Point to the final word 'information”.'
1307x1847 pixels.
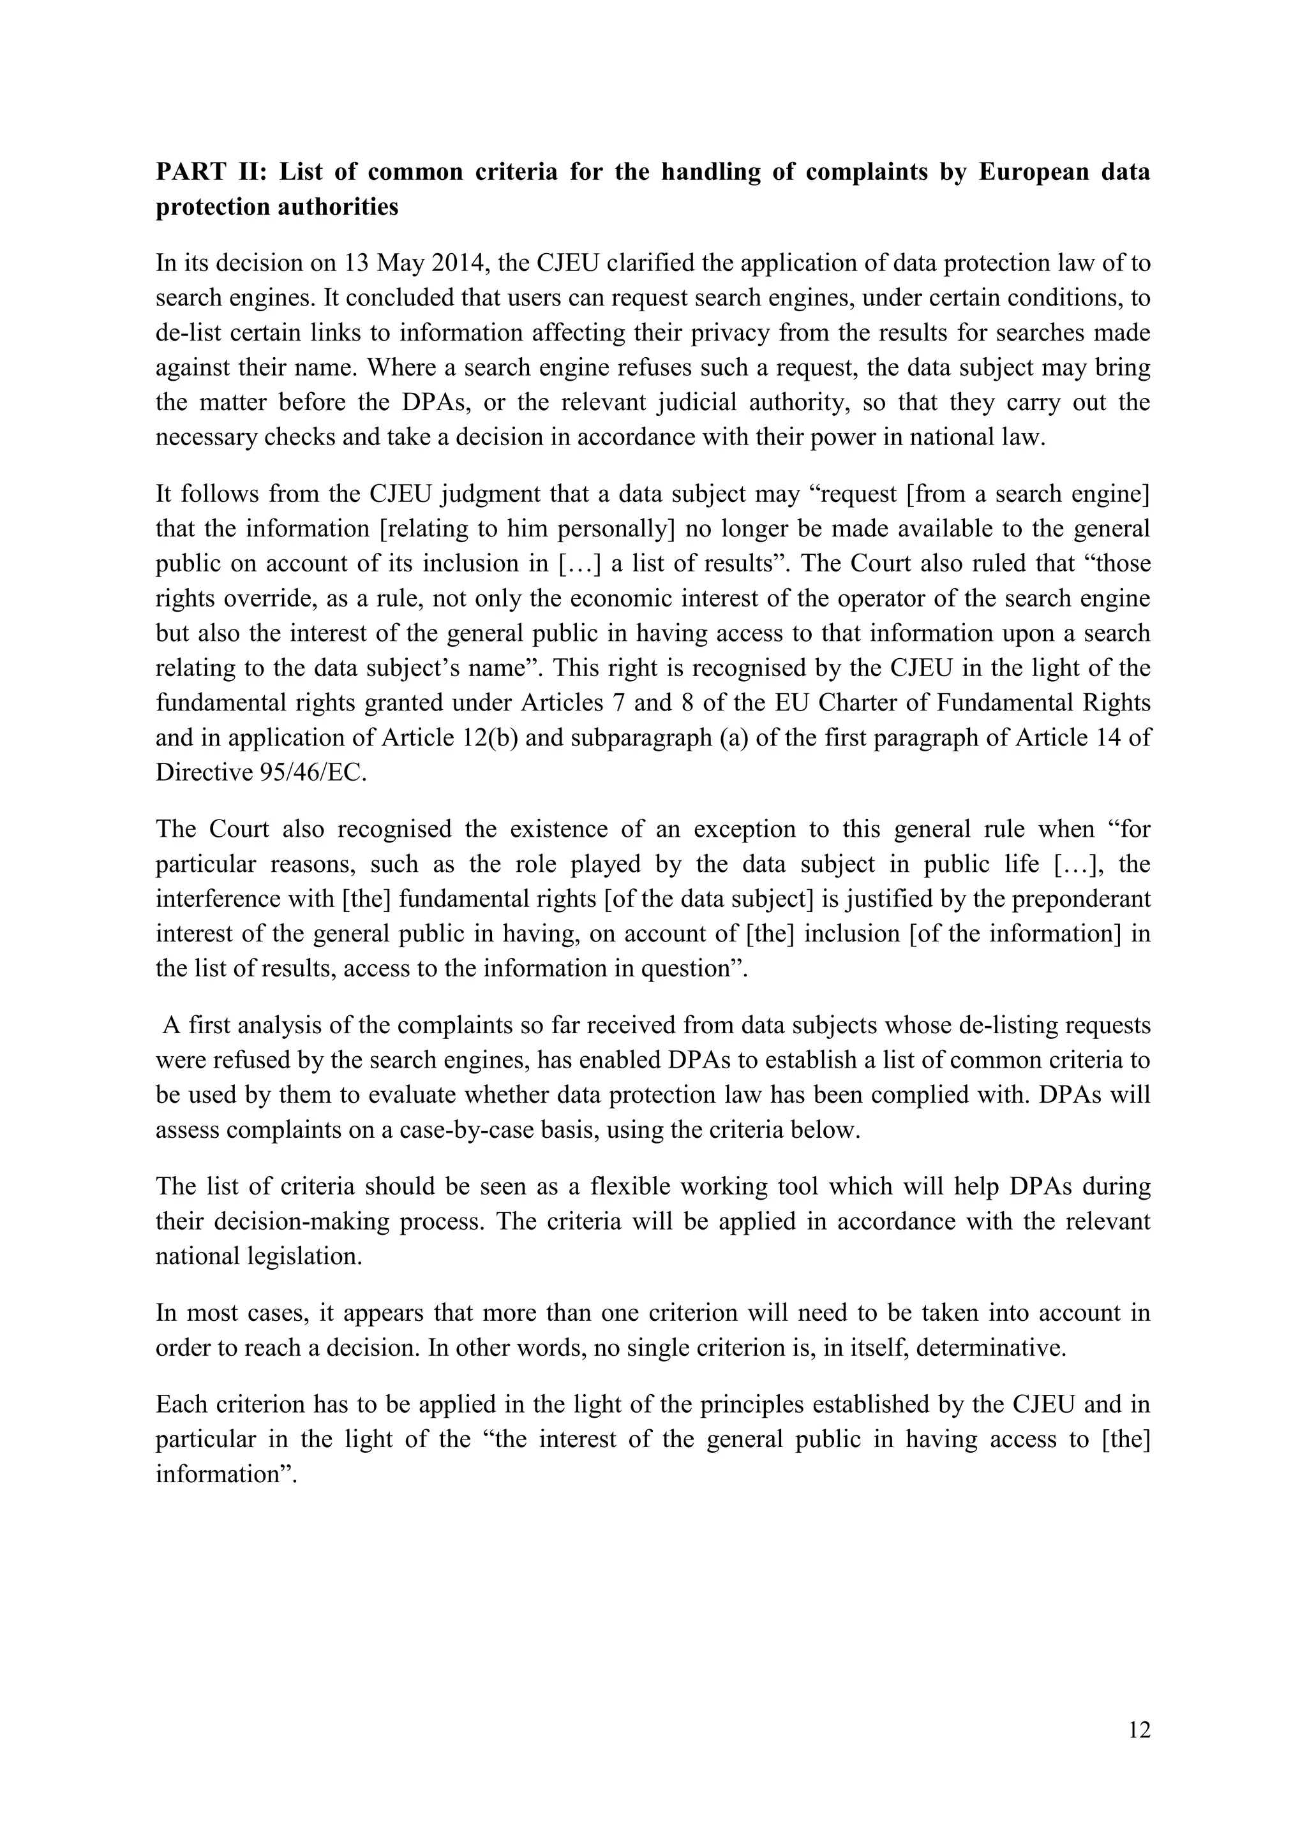tap(227, 1474)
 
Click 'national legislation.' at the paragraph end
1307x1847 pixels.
tap(259, 1256)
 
